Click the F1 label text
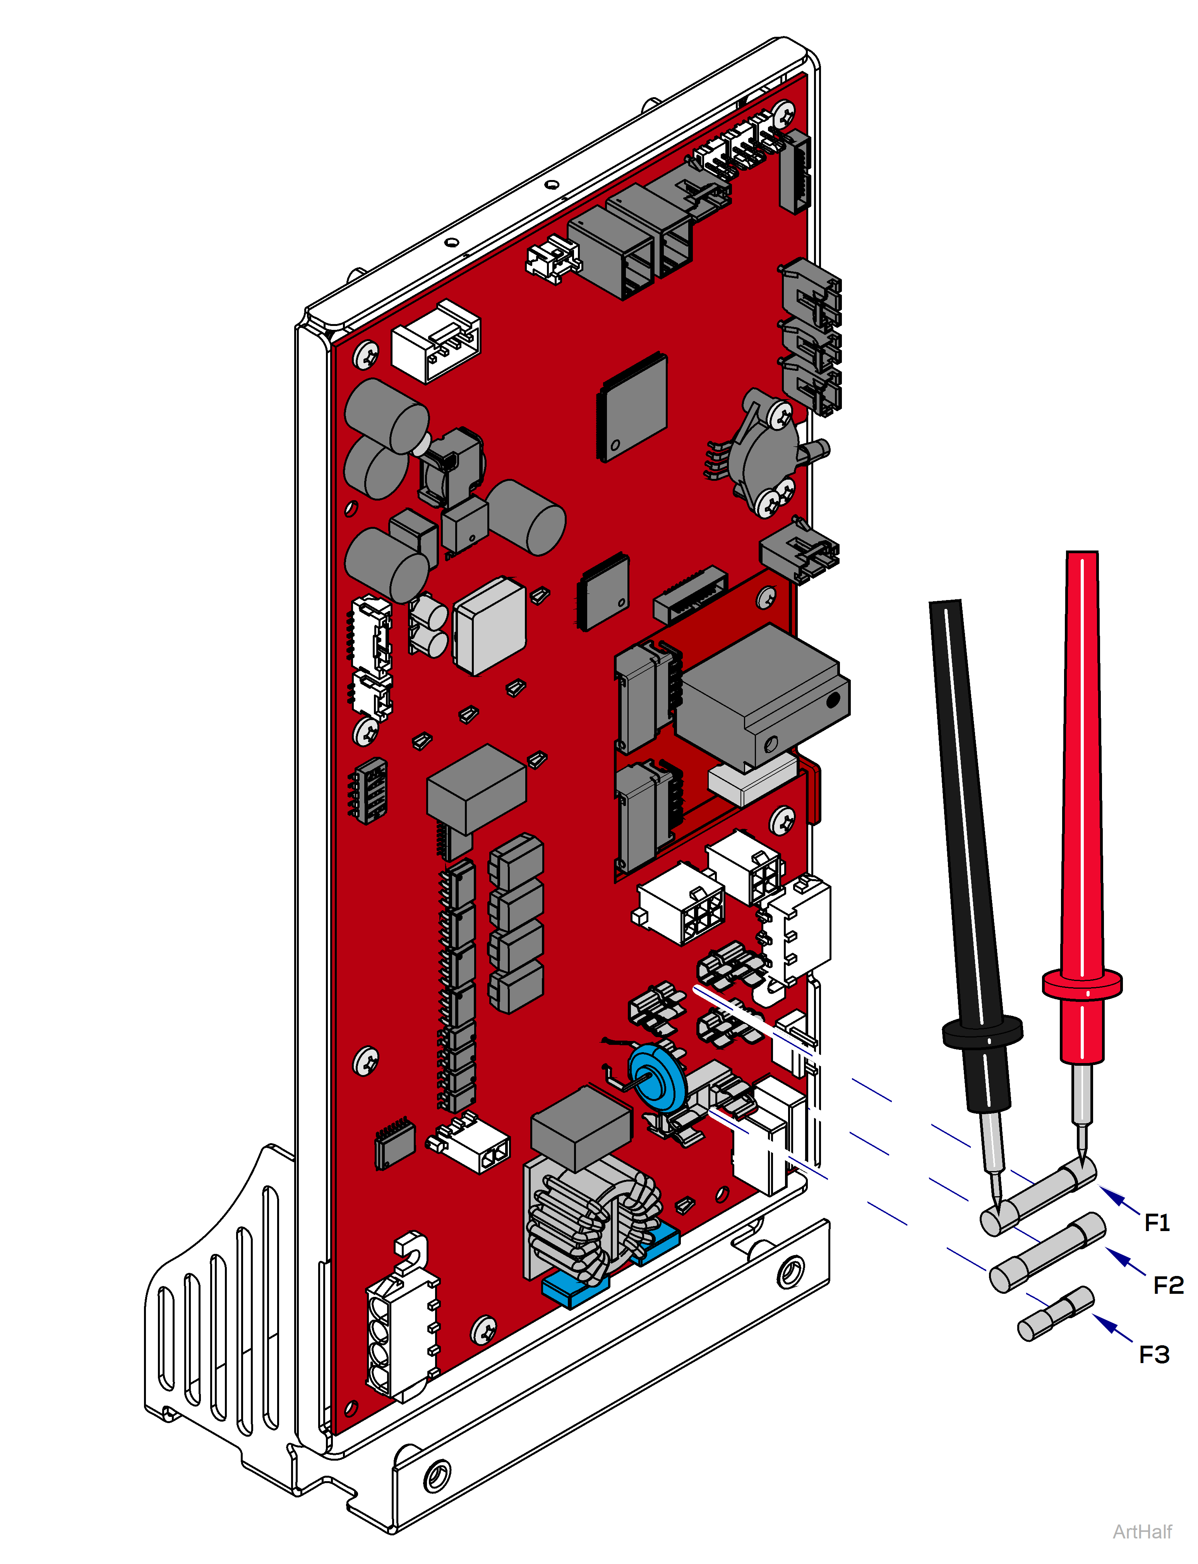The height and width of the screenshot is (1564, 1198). pyautogui.click(x=1157, y=1223)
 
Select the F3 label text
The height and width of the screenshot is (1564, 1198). pyautogui.click(x=1154, y=1354)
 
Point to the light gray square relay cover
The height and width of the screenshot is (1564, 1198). pyautogui.click(x=490, y=626)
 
